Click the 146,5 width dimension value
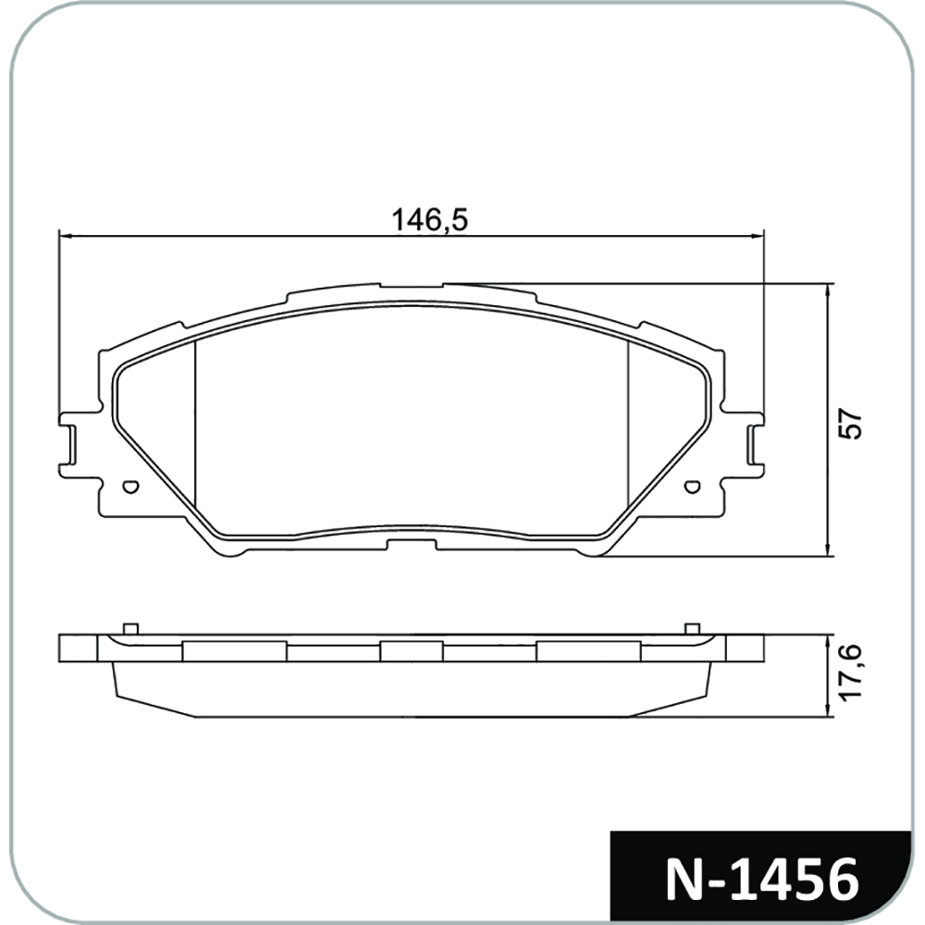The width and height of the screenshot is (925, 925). (429, 219)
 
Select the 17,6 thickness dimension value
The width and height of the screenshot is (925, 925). (851, 673)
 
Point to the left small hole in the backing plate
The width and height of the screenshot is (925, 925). (130, 487)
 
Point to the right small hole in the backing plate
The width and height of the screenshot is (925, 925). (693, 487)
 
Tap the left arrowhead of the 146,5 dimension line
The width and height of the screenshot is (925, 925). (65, 236)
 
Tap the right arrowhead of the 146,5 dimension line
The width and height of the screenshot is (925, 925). (758, 236)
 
